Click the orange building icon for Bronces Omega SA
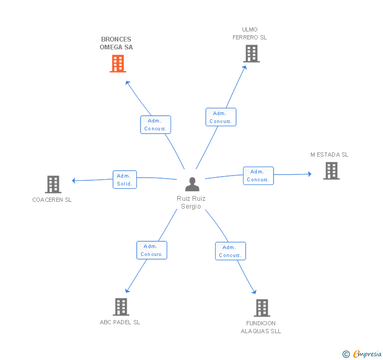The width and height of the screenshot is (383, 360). (x=118, y=64)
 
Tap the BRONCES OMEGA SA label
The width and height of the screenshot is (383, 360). (x=116, y=43)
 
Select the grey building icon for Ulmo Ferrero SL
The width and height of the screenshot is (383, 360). (x=251, y=54)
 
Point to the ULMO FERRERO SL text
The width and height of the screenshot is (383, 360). (x=250, y=33)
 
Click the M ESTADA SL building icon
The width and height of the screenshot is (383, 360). (x=331, y=171)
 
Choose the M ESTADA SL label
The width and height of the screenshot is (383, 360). (x=329, y=155)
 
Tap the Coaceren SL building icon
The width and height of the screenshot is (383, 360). (x=53, y=184)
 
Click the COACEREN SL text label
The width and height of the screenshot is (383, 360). (x=52, y=200)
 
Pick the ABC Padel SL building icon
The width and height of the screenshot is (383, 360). (x=121, y=307)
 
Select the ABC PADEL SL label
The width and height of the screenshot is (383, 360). (x=120, y=322)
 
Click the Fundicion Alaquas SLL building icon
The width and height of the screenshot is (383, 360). (x=261, y=308)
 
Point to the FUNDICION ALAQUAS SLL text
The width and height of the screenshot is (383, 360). (x=261, y=327)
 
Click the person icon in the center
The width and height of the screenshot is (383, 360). (x=192, y=184)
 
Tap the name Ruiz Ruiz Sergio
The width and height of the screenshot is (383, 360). (x=191, y=202)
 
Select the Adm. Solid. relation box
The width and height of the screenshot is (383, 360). (x=125, y=179)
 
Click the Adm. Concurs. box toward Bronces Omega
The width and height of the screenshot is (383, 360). (x=156, y=125)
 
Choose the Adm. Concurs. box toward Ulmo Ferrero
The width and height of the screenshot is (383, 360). (x=220, y=117)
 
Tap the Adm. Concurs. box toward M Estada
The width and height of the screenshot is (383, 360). (x=258, y=176)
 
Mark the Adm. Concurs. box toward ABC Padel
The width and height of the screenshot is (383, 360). (x=152, y=250)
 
